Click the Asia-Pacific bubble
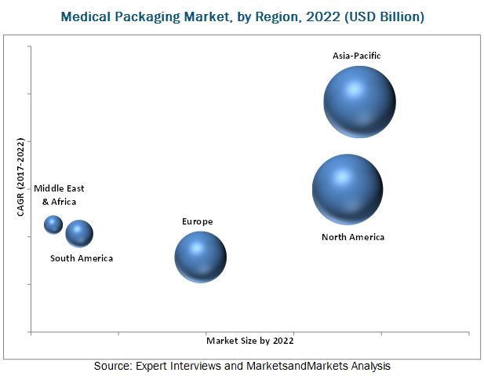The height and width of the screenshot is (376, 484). coord(360,101)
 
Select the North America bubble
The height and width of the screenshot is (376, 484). coord(348,189)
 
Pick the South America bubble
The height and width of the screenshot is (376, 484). coord(79,232)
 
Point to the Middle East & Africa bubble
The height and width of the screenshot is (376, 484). coord(53,225)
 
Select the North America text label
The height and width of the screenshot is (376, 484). coord(353,237)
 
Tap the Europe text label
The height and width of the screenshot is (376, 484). coord(197,222)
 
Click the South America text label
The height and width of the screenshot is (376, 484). coord(82,258)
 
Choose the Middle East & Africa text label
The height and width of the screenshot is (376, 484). coord(59,195)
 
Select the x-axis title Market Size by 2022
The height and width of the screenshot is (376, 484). coord(250,341)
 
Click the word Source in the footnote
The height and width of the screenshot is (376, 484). coord(112,366)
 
